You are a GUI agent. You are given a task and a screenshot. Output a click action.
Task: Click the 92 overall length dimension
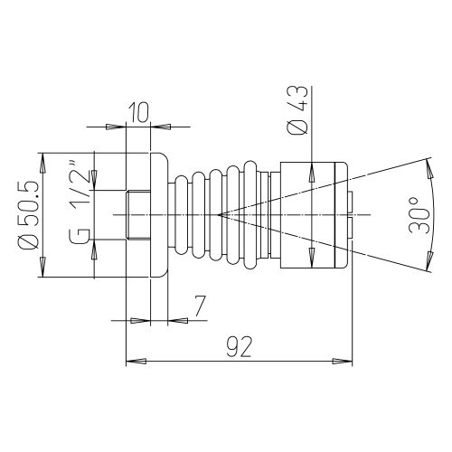pyautogui.click(x=239, y=346)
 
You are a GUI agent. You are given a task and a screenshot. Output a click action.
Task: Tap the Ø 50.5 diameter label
pyautogui.click(x=30, y=214)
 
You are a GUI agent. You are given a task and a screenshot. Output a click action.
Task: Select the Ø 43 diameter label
pyautogui.click(x=297, y=109)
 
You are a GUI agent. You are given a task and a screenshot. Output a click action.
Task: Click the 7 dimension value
pyautogui.click(x=200, y=306)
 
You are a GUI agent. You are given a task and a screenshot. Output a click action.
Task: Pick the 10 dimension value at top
pyautogui.click(x=139, y=112)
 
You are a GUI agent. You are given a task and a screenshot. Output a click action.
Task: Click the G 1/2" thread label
pyautogui.click(x=80, y=202)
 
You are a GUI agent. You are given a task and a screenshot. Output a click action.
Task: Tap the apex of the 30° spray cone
pyautogui.click(x=219, y=214)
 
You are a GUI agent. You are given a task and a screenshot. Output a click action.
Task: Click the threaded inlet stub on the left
pyautogui.click(x=138, y=215)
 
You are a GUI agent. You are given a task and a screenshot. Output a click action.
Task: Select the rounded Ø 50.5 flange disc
pyautogui.click(x=159, y=215)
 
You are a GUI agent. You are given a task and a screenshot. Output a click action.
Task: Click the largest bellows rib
pyautogui.click(x=250, y=215)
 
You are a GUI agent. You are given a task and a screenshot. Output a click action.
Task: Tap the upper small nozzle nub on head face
pyautogui.click(x=350, y=202)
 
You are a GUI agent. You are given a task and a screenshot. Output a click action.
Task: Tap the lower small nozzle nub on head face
pyautogui.click(x=350, y=228)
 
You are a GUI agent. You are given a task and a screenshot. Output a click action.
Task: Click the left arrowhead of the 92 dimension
pyautogui.click(x=137, y=361)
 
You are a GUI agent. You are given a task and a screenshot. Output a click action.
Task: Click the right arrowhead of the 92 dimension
pyautogui.click(x=342, y=361)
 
